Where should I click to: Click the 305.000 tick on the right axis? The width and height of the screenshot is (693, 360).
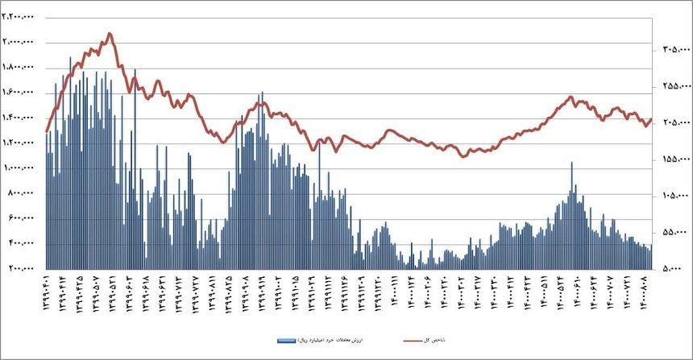[x=673, y=50]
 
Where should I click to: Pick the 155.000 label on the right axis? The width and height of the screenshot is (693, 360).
[x=673, y=159]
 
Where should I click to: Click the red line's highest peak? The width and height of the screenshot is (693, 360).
[x=110, y=34]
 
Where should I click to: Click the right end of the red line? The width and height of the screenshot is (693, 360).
[x=651, y=119]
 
